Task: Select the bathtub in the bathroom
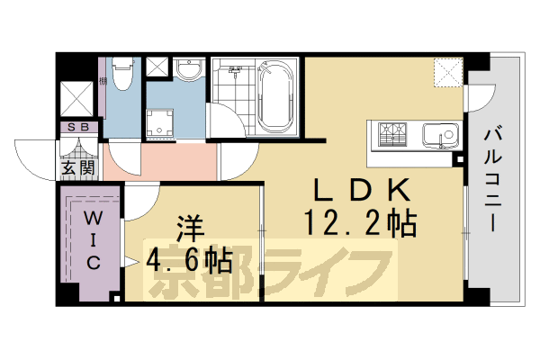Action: [x=274, y=94]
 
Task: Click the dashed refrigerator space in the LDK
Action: [x=447, y=73]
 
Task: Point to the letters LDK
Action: [x=363, y=190]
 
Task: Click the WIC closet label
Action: [x=93, y=240]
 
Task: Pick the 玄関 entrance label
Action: [x=77, y=166]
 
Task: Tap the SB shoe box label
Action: [x=77, y=128]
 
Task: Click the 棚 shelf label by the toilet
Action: [x=104, y=83]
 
